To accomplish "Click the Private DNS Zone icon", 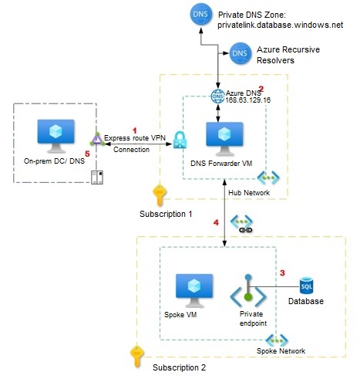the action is [x=201, y=14].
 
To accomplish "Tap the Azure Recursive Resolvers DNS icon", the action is [x=240, y=53].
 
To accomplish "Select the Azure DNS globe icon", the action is [x=217, y=96].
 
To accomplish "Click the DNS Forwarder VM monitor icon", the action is [x=224, y=139].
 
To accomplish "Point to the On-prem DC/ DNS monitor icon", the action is [x=56, y=136].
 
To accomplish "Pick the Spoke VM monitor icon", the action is [x=194, y=290].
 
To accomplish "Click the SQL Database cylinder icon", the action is [x=306, y=286].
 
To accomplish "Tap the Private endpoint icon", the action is [x=248, y=291].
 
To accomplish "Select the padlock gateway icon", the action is [x=180, y=140].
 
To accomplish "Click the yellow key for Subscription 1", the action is [x=160, y=195].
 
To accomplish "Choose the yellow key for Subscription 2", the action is [x=137, y=357].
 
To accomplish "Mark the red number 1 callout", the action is [x=134, y=130].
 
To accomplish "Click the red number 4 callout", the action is [x=216, y=222].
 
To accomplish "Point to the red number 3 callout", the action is [x=282, y=272].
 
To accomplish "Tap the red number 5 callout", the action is [x=87, y=154].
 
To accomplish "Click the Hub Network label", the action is [x=249, y=193].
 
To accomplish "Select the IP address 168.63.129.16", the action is [x=248, y=100].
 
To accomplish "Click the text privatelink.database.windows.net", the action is [x=281, y=25].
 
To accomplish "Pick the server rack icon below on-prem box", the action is [x=97, y=178].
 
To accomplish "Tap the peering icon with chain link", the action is [x=242, y=224].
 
